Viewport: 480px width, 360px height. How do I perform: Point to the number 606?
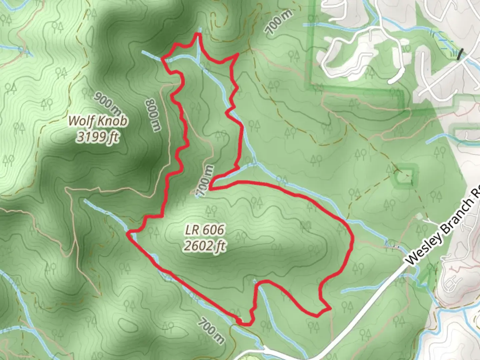click(x=213, y=230)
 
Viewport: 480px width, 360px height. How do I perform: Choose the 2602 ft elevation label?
click(x=204, y=246)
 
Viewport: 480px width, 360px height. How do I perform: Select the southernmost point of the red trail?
click(x=245, y=324)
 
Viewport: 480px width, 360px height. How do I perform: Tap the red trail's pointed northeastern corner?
click(x=237, y=54)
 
